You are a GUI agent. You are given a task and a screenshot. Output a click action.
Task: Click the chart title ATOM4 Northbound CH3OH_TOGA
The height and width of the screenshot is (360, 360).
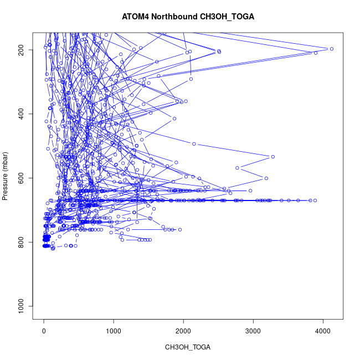click(x=188, y=17)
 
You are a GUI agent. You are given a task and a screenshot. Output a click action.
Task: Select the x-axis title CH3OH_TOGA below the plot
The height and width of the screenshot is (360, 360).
click(x=188, y=347)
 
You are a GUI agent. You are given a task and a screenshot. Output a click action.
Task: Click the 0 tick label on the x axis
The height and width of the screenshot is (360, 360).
click(x=44, y=331)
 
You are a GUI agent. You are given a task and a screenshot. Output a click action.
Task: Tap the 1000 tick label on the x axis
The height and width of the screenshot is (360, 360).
click(x=114, y=331)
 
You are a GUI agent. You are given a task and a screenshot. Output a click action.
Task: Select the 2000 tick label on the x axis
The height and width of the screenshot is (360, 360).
click(x=183, y=331)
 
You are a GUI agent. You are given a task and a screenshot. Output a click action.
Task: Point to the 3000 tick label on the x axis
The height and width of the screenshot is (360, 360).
click(x=253, y=331)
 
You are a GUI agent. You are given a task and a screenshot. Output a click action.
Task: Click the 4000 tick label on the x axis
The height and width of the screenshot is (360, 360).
click(x=323, y=331)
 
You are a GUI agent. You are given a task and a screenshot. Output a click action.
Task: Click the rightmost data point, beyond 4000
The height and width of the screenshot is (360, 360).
click(x=331, y=49)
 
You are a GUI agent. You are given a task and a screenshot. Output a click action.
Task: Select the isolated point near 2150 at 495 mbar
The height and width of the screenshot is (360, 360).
click(x=194, y=144)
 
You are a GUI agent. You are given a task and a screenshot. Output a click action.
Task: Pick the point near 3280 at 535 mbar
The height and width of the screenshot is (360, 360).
click(x=272, y=157)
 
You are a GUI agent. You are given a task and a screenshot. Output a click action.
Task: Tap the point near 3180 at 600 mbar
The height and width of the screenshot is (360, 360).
click(x=266, y=178)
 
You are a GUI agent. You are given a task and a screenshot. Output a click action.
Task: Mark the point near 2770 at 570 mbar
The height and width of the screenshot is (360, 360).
click(x=237, y=168)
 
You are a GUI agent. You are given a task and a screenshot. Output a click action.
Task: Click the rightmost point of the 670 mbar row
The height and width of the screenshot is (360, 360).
click(x=315, y=200)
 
